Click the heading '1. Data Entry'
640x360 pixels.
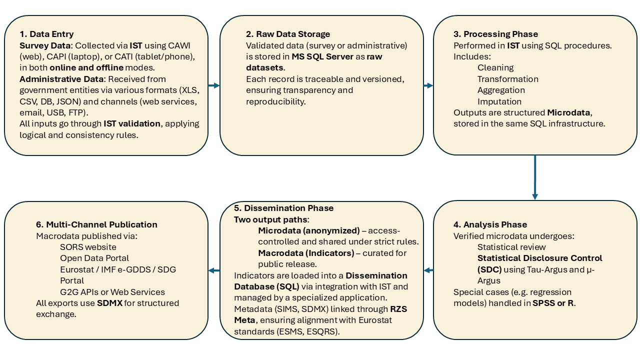click(46, 34)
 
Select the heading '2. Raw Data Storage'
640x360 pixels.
click(288, 34)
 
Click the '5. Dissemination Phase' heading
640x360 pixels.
click(283, 208)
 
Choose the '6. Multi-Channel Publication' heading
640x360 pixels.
click(96, 224)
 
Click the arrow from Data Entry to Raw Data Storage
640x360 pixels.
click(214, 85)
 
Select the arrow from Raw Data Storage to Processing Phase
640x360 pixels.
click(428, 85)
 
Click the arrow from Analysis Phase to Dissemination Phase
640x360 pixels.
click(428, 270)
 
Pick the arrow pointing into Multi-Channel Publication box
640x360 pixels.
click(214, 270)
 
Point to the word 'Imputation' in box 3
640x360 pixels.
click(499, 101)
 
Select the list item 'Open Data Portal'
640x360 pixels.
click(94, 258)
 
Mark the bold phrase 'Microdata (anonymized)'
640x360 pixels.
click(308, 230)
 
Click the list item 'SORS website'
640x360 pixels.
click(88, 247)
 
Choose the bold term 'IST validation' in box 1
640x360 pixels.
click(132, 123)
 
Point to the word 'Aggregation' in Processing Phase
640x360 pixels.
click(501, 90)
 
